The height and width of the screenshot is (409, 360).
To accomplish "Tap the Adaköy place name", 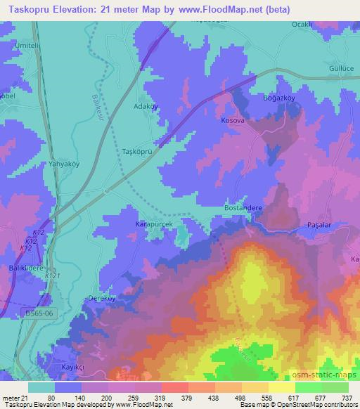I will click(146, 107).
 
